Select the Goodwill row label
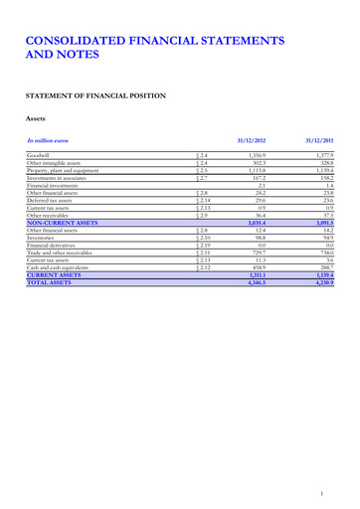pos(41,156)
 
